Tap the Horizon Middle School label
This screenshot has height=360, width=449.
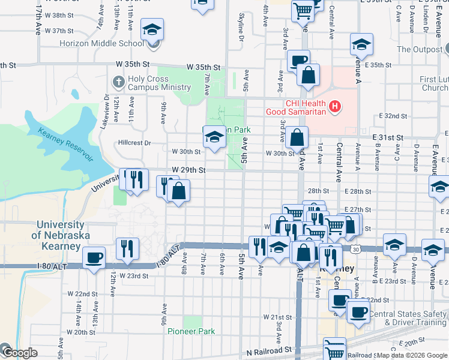pos(101,43)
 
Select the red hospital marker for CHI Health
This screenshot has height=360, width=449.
pos(336,108)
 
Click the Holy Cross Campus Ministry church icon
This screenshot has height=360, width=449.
pos(118,81)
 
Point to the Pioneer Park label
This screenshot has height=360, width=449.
pos(191,331)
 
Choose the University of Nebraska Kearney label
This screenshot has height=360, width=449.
pos(59,235)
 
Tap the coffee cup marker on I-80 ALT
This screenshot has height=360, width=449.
pos(93,259)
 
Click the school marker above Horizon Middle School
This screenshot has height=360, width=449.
pos(152,29)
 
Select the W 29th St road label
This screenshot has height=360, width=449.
pos(188,170)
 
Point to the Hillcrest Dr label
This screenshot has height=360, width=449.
pos(134,143)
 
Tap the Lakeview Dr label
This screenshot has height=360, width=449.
pos(106,112)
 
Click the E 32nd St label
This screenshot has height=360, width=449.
pos(393,116)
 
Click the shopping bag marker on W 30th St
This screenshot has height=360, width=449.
pos(297,138)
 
